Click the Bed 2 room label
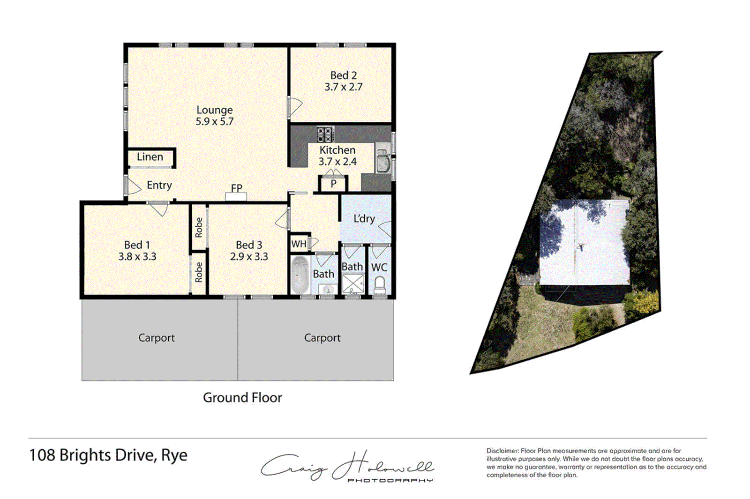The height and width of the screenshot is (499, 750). coord(343,75)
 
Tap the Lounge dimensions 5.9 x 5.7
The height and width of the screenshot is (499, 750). coord(214,121)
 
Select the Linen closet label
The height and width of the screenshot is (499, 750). coord(150,157)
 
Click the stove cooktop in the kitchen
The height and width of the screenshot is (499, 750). coord(325,134)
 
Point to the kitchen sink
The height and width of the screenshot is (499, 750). coord(383,162)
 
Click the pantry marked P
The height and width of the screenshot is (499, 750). coord(333,184)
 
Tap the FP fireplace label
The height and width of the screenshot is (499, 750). coord(236,188)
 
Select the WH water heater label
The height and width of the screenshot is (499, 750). coord(299,244)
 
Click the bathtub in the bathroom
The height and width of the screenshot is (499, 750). coord(300,275)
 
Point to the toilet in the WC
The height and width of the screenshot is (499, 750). coord(380,284)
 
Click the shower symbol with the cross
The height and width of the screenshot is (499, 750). coord(353,284)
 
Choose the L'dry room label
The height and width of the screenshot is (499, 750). coord(364,219)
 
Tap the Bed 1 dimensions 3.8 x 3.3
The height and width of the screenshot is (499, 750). coord(137,257)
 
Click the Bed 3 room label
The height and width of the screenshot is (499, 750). coord(249,245)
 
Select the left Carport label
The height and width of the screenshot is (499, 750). coord(157,338)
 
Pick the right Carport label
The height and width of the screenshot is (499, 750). coord(322,338)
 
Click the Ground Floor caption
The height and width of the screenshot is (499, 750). coord(242,398)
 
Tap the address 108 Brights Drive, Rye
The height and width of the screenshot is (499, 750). coord(108,455)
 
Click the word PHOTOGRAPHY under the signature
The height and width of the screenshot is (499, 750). coord(390,480)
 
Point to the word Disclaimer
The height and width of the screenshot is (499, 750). coord(502,451)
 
